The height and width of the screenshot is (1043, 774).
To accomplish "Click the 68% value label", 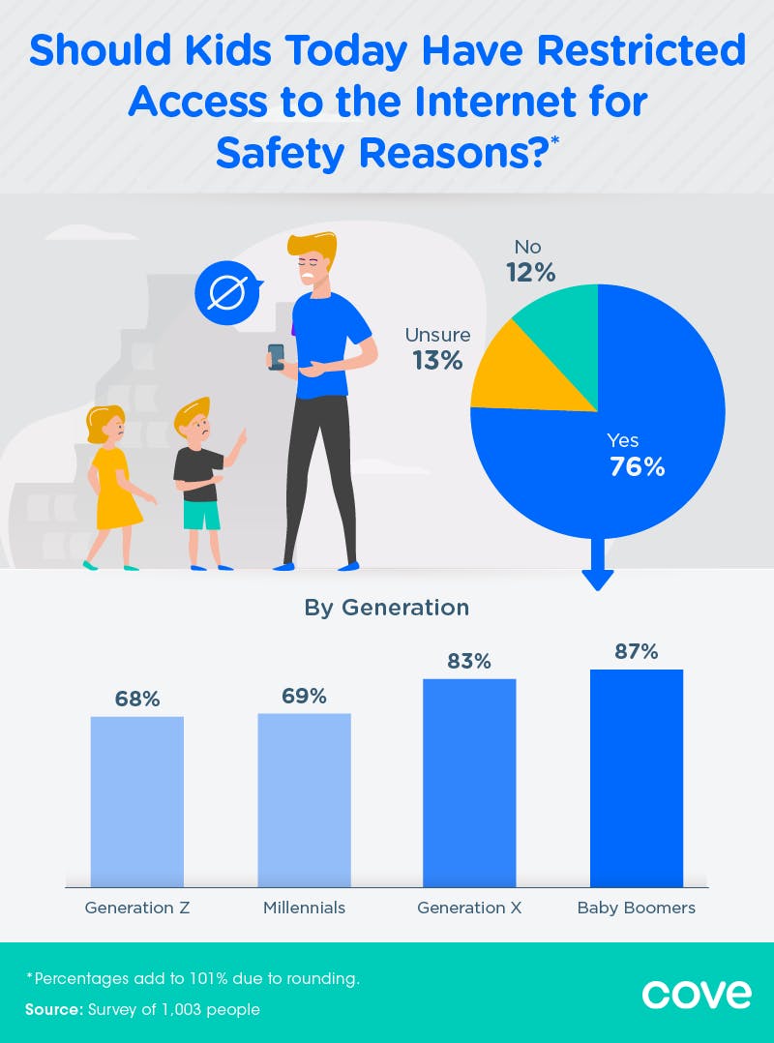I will pyautogui.click(x=137, y=699).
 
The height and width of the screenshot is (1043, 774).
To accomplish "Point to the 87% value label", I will pyautogui.click(x=637, y=651).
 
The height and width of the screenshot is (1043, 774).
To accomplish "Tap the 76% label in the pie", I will pyautogui.click(x=638, y=466).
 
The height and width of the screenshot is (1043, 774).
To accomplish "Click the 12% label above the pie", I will pyautogui.click(x=531, y=273).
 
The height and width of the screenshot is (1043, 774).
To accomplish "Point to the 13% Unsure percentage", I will pyautogui.click(x=438, y=360).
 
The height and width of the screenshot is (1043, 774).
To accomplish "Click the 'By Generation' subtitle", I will pyautogui.click(x=387, y=608).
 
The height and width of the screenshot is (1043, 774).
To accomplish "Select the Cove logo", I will pyautogui.click(x=697, y=994).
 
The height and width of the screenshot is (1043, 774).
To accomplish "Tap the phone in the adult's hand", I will pyautogui.click(x=277, y=356).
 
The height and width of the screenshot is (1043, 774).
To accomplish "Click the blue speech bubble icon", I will pyautogui.click(x=229, y=293).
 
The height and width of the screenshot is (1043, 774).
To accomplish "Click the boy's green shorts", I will pyautogui.click(x=202, y=515).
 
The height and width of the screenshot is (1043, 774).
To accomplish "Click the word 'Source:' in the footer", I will pyautogui.click(x=54, y=1010).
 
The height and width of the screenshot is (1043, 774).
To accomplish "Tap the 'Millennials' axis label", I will pyautogui.click(x=304, y=909).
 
